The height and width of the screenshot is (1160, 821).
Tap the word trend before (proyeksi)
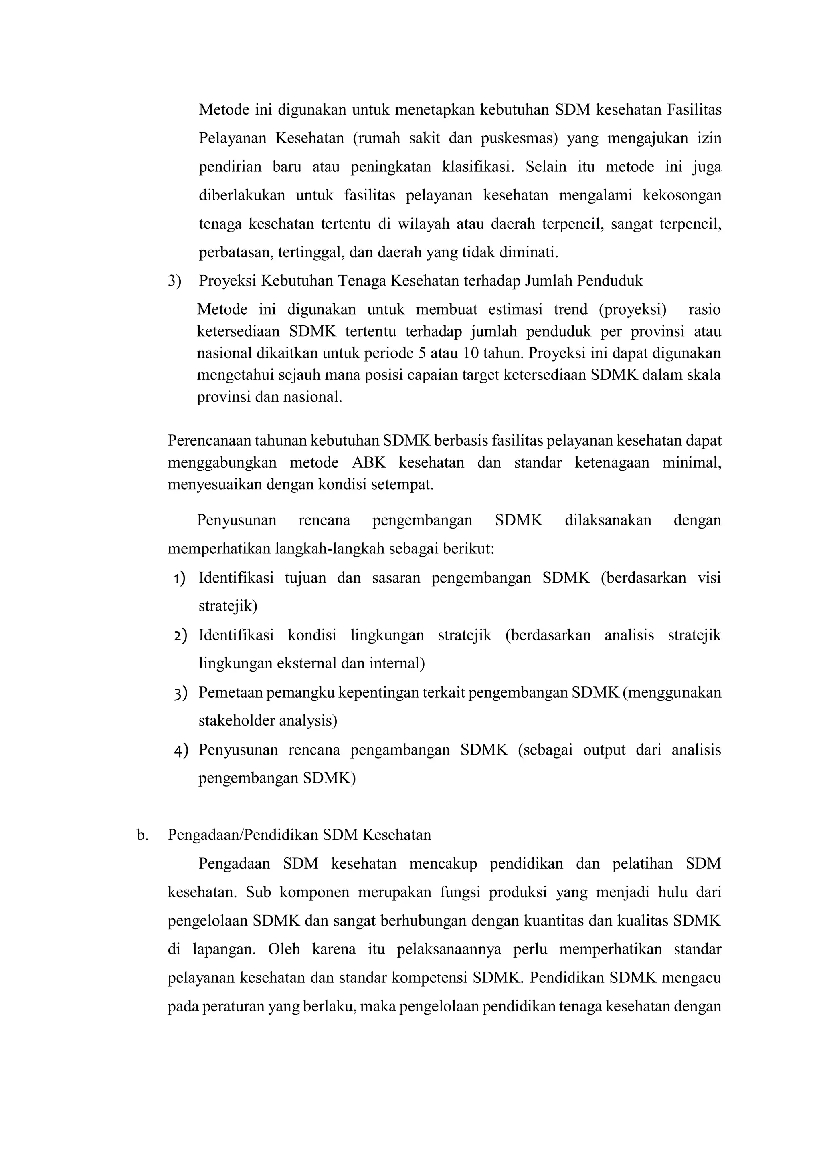coord(571,309)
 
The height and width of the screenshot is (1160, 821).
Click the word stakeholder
coord(230,721)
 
